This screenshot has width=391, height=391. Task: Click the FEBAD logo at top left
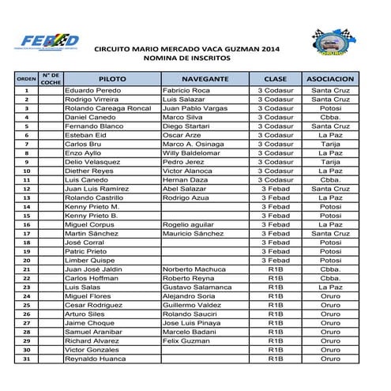[x=50, y=42]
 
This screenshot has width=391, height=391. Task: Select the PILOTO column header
[x=111, y=80]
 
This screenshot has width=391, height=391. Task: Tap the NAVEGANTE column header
[x=205, y=80]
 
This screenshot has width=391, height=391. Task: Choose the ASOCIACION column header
[x=331, y=80]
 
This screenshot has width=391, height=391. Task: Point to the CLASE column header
[x=276, y=80]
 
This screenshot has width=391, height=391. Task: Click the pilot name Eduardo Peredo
[x=92, y=91]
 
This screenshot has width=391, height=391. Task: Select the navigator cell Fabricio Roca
[x=186, y=91]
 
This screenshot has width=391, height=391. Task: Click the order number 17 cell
[x=27, y=234]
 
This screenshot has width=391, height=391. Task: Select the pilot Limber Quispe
[x=87, y=261]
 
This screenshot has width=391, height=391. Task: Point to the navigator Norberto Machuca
[x=194, y=269]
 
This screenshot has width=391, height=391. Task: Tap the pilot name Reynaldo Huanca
[x=96, y=359]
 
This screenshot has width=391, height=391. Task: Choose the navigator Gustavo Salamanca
[x=197, y=288]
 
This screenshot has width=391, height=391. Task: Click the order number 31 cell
[x=27, y=359]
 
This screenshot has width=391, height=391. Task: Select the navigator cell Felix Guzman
[x=186, y=340]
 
